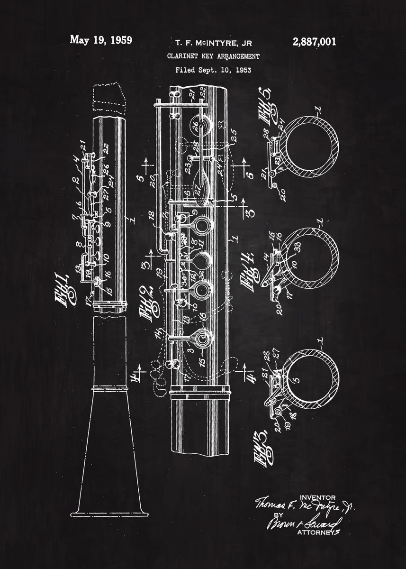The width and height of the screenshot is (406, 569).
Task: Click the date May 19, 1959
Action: [x=101, y=40]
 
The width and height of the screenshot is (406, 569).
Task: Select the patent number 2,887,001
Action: [x=315, y=42]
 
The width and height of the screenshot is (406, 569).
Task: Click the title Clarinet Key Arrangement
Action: [x=213, y=56]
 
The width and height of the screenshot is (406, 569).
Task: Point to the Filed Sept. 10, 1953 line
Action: [x=213, y=70]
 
